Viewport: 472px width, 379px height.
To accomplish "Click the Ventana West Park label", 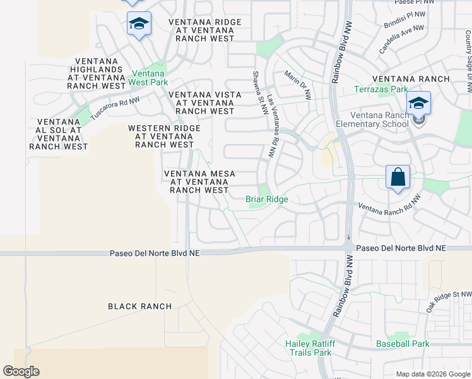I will click(148, 78).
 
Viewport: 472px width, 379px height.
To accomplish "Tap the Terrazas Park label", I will click(381, 90).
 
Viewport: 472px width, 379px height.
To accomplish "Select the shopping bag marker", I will click(398, 177).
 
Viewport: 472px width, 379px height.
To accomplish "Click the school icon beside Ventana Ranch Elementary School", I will click(418, 103).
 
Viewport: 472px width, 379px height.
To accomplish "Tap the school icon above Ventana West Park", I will click(139, 25).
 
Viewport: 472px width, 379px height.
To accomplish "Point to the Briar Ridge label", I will click(266, 200).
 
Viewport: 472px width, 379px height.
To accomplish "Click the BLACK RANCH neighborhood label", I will click(139, 306).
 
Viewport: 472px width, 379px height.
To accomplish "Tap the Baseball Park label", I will click(403, 344).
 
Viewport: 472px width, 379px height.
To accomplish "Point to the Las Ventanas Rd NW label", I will click(272, 126).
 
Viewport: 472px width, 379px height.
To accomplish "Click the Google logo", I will click(21, 371).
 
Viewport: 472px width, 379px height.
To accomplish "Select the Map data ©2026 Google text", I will click(432, 374).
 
